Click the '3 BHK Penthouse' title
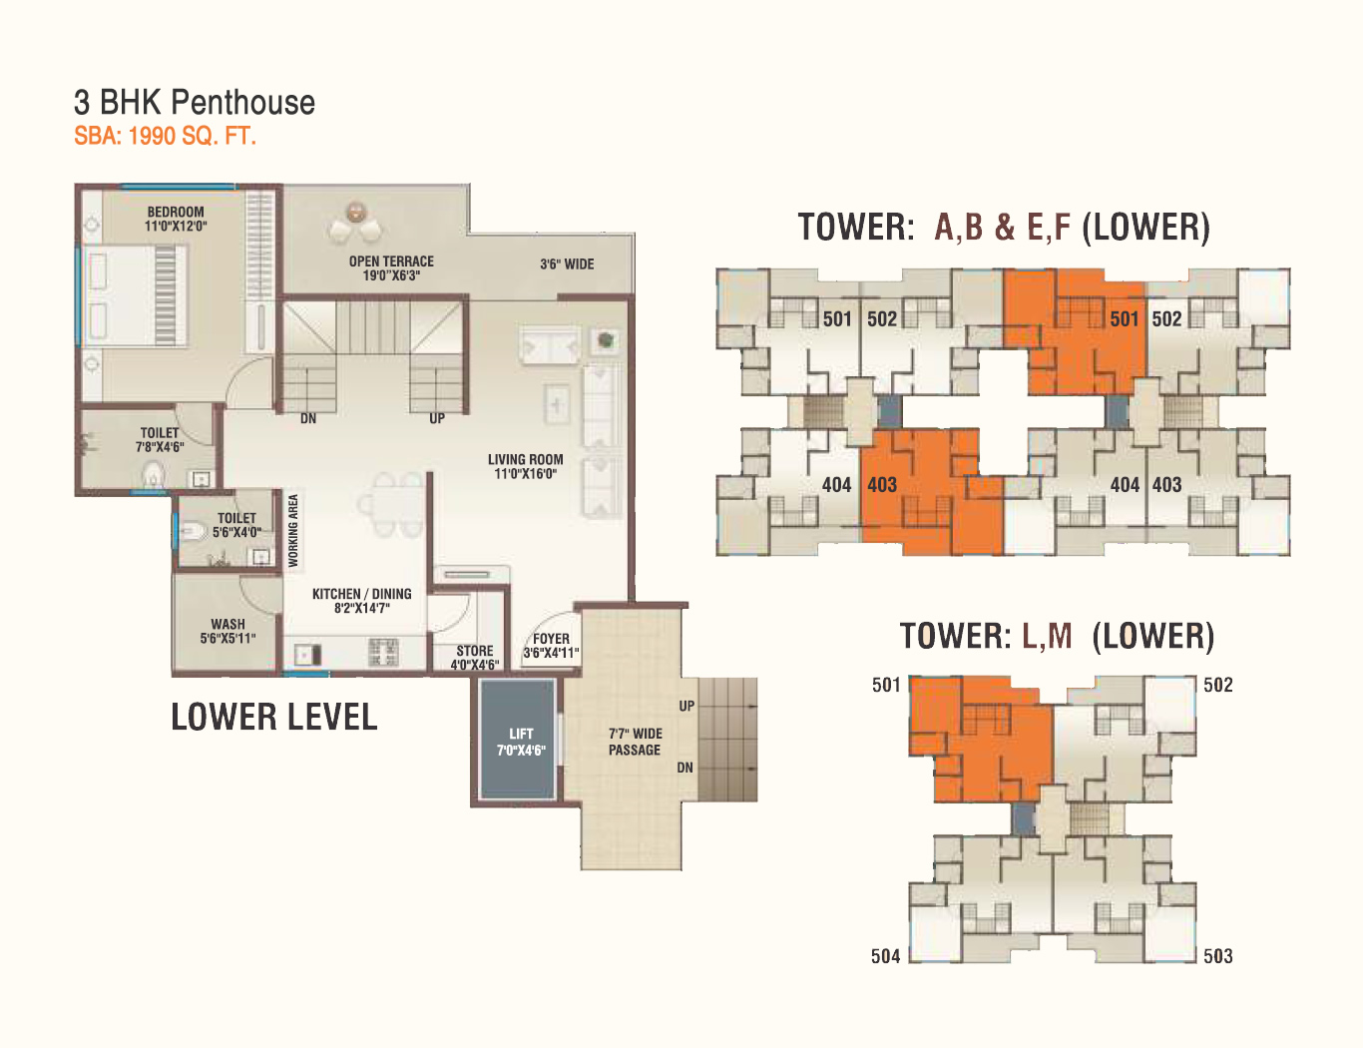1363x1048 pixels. click(195, 103)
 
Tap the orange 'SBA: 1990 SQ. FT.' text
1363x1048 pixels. click(165, 136)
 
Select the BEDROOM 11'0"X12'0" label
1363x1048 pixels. click(176, 219)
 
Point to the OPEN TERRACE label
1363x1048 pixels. click(391, 268)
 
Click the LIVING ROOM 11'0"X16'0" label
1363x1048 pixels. click(526, 467)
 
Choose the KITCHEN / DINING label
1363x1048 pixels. click(362, 601)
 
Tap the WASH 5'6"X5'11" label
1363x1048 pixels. click(227, 632)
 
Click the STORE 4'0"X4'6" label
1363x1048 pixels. click(475, 658)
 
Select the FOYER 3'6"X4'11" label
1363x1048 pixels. click(552, 646)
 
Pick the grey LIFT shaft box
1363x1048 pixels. click(518, 740)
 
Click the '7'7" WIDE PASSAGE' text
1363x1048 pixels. click(635, 742)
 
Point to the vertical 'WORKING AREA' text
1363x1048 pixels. click(293, 531)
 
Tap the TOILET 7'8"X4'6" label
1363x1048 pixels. click(160, 439)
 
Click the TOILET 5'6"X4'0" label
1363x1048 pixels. click(236, 525)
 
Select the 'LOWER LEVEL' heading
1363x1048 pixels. click(274, 717)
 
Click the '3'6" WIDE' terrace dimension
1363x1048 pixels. click(567, 264)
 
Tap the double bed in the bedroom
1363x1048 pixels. click(134, 295)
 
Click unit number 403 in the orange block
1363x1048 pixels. click(882, 485)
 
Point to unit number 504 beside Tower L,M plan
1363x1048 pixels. click(885, 956)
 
